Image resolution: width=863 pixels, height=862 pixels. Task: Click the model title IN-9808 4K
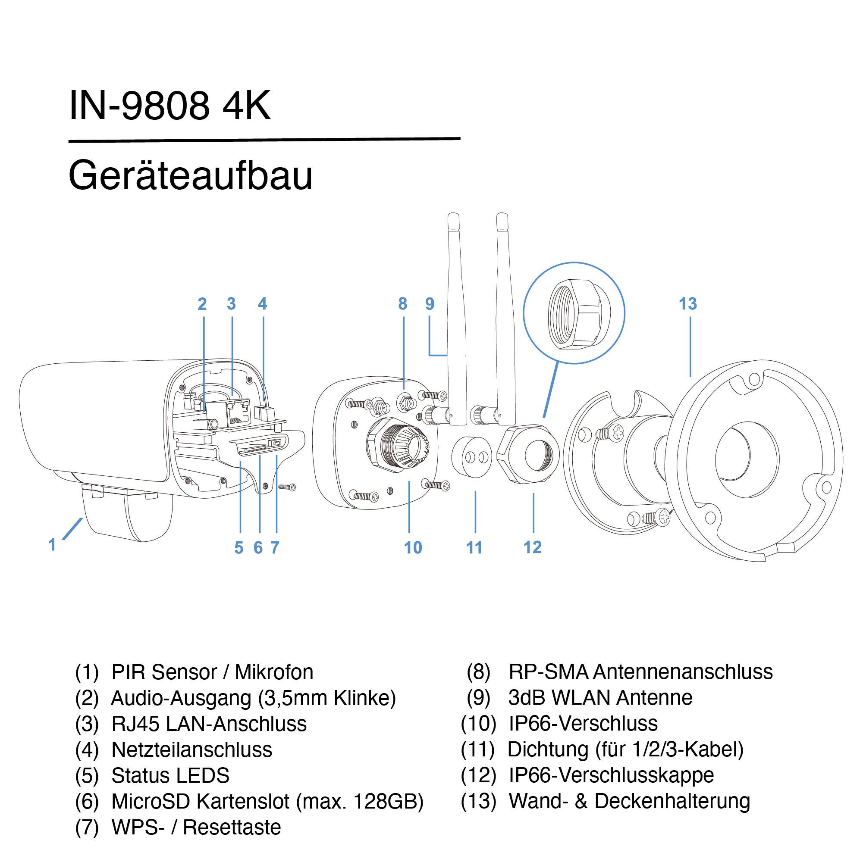point(170,106)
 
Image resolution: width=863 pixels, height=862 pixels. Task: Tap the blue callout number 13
point(687,304)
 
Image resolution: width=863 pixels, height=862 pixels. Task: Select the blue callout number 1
point(52,545)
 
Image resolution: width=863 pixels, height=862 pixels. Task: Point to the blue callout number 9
point(429,304)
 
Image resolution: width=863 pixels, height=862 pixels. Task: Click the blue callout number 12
point(533,547)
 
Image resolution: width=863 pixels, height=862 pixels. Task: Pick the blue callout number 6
point(258,548)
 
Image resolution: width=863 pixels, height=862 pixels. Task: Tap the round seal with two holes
point(472,456)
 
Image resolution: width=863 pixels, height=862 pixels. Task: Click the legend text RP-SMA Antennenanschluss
point(640,672)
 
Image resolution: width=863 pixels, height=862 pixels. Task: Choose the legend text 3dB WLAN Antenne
point(600,698)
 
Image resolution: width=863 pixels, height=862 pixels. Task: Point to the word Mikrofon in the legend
point(274,672)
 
